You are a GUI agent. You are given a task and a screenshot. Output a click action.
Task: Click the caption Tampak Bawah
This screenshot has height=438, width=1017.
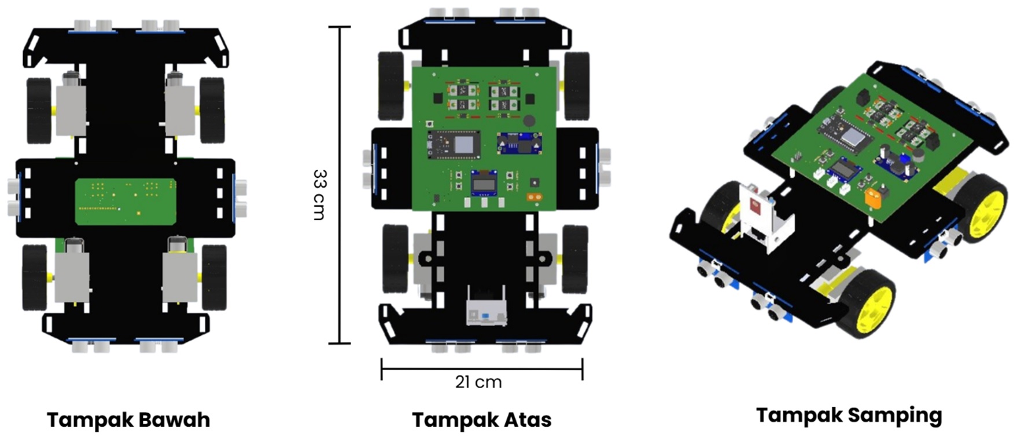tap(128, 419)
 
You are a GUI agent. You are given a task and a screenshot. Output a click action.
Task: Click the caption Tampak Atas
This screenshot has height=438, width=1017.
tap(481, 419)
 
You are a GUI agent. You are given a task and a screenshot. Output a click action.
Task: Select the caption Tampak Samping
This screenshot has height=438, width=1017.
tap(849, 415)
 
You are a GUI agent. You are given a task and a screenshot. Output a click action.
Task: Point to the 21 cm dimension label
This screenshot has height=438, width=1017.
tap(478, 382)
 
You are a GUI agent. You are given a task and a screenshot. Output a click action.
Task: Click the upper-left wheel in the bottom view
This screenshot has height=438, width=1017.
tap(39, 110)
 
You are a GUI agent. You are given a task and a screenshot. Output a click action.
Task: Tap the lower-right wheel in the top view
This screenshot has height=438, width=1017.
tap(575, 258)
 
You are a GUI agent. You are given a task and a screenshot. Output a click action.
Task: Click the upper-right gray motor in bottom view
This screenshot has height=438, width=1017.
tap(180, 107)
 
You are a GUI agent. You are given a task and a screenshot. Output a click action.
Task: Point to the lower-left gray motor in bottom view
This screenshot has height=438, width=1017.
tap(72, 272)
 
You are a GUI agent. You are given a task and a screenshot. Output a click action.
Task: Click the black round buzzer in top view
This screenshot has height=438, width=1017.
tap(529, 121)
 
